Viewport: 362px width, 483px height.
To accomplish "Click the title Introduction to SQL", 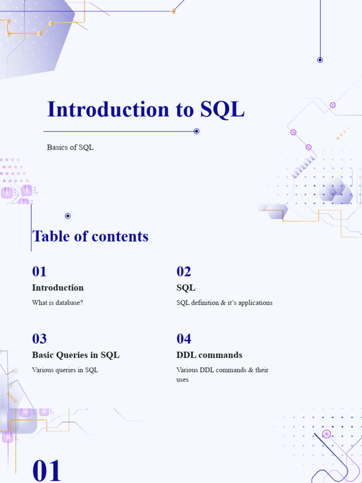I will pos(146,109).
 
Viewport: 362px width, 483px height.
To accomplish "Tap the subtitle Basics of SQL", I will pos(70,147).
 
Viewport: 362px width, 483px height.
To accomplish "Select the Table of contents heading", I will pos(90,236).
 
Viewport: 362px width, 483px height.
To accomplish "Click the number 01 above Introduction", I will pos(40,272).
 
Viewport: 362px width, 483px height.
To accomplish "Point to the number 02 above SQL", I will pos(184,272).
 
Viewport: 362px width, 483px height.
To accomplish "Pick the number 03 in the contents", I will pos(40,339).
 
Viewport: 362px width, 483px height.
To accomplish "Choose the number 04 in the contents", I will pos(184,339).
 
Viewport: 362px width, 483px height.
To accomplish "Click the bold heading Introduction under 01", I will pos(58,288).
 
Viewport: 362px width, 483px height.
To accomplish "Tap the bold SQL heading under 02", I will pos(186,288).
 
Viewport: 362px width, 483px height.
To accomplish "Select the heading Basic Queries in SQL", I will pos(75,355).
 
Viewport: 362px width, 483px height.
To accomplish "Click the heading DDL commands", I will pos(209,355).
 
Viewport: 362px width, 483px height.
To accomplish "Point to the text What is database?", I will pos(58,303).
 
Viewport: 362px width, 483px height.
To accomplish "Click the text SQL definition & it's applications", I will pos(224,303).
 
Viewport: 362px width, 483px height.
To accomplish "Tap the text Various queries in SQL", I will pos(65,370).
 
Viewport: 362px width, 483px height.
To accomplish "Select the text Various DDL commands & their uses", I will pos(222,375).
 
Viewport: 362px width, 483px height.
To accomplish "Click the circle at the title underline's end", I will pos(197,131).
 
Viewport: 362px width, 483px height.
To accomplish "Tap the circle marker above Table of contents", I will pos(67,216).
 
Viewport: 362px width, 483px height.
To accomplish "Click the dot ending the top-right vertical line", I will pos(320,60).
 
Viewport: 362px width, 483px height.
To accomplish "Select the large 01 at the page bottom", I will pos(47,471).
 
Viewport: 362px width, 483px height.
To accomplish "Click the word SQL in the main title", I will pos(222,109).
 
